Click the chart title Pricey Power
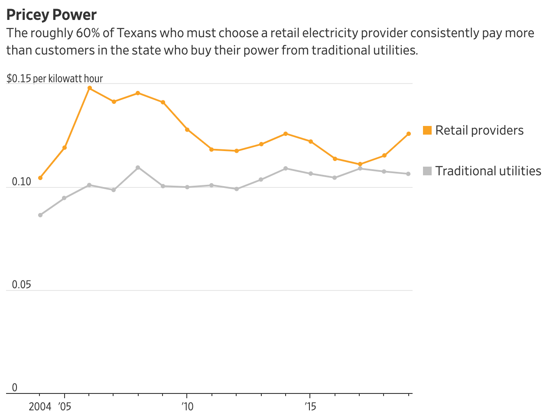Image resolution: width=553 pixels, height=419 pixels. [x=52, y=15]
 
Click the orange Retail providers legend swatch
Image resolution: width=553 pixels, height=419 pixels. [x=427, y=130]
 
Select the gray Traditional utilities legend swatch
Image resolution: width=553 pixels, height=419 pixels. [x=427, y=171]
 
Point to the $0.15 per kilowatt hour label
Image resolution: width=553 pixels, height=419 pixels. [x=55, y=79]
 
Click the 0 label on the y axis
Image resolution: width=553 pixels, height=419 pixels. [x=15, y=387]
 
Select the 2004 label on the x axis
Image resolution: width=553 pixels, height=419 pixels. [x=40, y=407]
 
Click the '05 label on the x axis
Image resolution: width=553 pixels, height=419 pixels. [x=65, y=407]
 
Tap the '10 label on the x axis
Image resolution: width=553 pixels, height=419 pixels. [x=187, y=407]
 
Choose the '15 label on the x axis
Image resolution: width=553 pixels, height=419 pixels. [x=310, y=407]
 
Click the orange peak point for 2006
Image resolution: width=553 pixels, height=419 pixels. [x=90, y=88]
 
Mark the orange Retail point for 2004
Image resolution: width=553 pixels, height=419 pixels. [x=40, y=178]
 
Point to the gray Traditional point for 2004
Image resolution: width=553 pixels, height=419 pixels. [x=40, y=215]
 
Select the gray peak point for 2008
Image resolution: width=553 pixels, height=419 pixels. [x=138, y=168]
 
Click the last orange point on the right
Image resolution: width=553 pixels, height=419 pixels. [x=409, y=134]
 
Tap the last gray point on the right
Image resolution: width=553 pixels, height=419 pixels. [x=408, y=174]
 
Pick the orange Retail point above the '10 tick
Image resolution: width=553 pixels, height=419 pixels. [x=187, y=130]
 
